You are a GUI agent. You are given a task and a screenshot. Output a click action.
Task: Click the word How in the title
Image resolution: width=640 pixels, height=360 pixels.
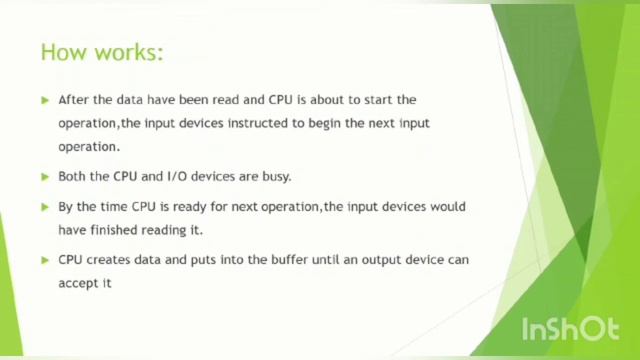62,52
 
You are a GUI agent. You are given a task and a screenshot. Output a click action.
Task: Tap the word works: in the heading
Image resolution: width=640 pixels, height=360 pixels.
126,52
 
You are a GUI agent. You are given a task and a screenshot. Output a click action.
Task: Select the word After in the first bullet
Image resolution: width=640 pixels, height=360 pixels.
75,100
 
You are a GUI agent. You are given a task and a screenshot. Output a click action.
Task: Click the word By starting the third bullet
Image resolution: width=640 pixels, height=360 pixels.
66,207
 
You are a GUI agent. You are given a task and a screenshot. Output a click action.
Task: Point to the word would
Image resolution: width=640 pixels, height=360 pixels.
447,207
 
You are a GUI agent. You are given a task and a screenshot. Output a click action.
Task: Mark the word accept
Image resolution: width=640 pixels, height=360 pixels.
77,283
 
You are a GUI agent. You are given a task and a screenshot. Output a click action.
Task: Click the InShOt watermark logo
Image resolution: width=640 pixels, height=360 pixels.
569,329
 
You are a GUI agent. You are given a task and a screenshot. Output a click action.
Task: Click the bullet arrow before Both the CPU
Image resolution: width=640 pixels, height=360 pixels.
46,177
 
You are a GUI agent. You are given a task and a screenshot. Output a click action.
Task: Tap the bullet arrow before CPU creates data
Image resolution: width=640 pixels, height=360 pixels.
46,260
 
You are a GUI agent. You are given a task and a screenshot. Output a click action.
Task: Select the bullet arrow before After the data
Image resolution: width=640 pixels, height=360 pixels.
46,100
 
